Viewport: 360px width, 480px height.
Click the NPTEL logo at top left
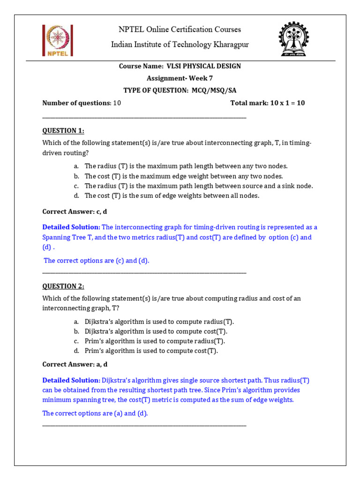click(57, 40)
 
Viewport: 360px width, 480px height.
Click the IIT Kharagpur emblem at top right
click(294, 39)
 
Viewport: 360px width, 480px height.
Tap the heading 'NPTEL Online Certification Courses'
click(180, 30)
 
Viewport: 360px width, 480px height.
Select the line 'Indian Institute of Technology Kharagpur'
click(180, 45)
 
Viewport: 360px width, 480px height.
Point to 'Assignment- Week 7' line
click(180, 78)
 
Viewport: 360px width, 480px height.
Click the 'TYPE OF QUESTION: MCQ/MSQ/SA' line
click(180, 90)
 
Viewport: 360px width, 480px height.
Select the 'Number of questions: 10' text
click(82, 103)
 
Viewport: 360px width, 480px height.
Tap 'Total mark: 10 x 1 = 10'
click(267, 103)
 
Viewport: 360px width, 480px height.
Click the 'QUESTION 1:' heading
click(63, 130)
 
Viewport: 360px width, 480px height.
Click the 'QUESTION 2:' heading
click(63, 286)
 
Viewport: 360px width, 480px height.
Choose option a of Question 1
click(186, 166)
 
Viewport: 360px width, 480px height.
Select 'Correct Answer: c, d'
click(75, 211)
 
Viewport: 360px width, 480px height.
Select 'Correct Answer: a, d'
click(75, 364)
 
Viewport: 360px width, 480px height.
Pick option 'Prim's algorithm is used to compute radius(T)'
click(155, 341)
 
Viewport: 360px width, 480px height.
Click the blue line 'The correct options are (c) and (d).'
click(97, 261)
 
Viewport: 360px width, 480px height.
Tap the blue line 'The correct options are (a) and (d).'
click(95, 413)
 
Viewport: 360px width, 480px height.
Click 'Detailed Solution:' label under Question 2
click(71, 380)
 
